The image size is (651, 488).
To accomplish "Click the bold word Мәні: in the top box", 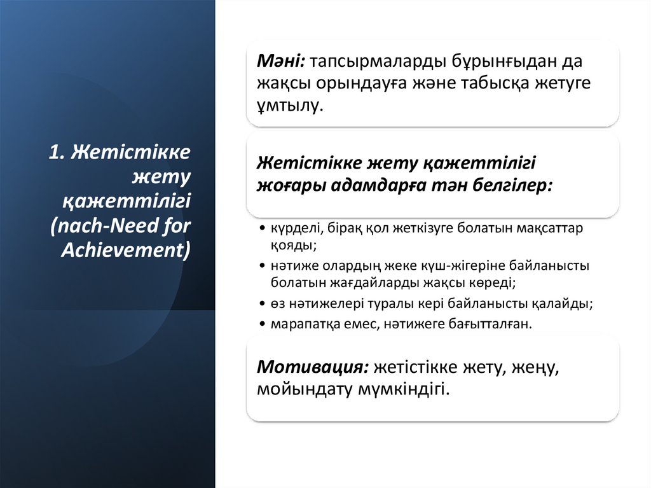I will (x=280, y=61).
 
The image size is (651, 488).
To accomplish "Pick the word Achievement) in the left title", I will (x=126, y=250).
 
